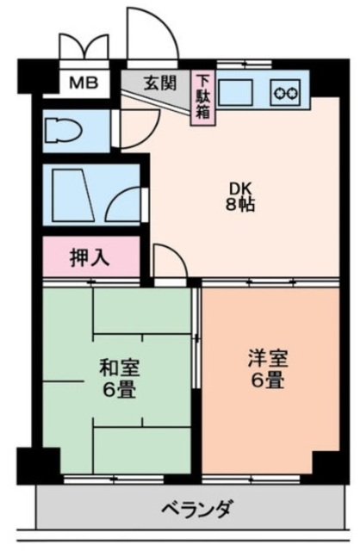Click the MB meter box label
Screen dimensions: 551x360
(x=84, y=84)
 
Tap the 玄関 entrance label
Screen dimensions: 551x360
(x=157, y=83)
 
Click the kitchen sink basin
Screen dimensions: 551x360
(x=238, y=89)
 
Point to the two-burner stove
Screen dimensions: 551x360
(x=286, y=89)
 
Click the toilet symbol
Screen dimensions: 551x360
(x=63, y=130)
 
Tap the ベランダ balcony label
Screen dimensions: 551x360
(x=196, y=510)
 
